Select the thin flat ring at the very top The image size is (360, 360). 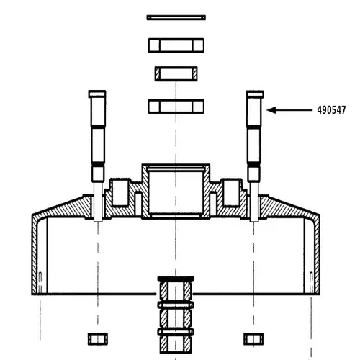tap(176, 17)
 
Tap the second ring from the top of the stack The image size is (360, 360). tap(176, 45)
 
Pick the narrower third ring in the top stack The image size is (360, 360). tap(176, 73)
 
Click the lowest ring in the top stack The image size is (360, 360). tap(176, 106)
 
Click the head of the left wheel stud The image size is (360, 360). tap(96, 94)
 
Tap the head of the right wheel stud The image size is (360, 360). tap(255, 94)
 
